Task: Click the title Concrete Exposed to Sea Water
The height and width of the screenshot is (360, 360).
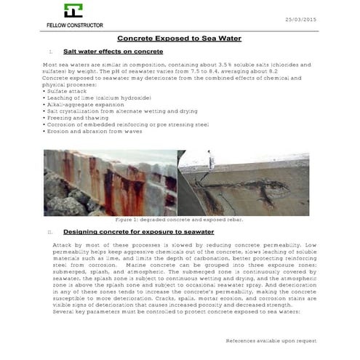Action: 179,37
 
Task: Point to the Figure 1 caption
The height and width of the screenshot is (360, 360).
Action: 179,219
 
